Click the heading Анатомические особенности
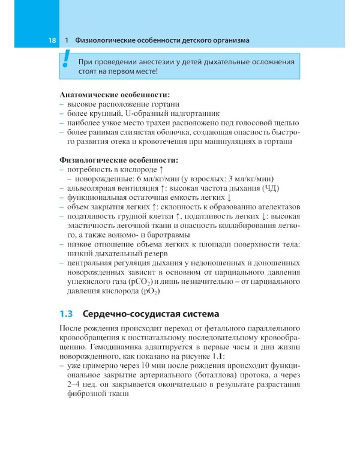pos(115,95)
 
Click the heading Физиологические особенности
pos(119,160)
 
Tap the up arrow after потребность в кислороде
pos(160,170)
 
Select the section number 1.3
pos(67,314)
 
